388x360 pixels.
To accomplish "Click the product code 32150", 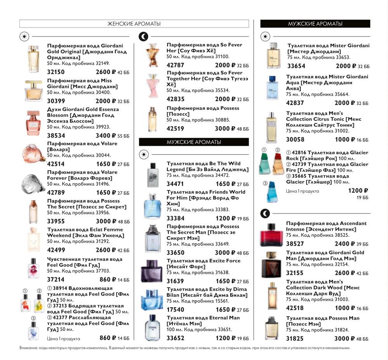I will point(56,72).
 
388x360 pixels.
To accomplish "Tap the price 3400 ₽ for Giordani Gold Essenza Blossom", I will point(106,136).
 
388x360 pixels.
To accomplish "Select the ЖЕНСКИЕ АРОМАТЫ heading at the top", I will point(134,24).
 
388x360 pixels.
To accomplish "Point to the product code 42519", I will point(175,129).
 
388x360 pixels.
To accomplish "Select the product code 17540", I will point(175,310).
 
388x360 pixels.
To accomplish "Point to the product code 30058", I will point(295,140).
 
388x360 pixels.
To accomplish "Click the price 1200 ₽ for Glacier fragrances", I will point(358,191).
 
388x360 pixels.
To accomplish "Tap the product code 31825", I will point(295,339).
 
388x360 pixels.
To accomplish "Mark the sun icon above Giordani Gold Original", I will point(24,37).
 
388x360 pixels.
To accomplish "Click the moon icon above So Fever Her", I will point(144,37).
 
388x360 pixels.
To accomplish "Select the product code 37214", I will point(56,279).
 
